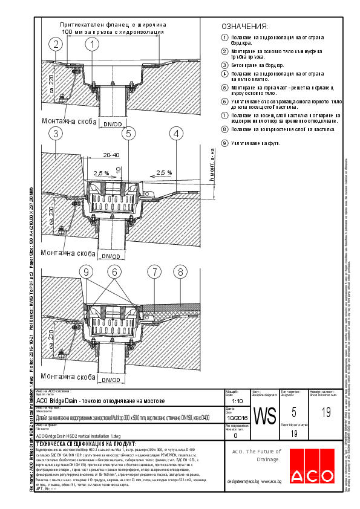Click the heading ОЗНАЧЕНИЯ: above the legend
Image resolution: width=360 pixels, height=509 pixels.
point(244,27)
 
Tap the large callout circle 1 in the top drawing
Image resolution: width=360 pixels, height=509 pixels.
point(92,44)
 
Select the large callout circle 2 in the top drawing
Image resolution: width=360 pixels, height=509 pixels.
point(56,44)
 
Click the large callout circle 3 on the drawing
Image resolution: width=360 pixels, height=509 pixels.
point(56,133)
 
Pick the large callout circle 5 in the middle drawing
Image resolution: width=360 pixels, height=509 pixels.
point(128,133)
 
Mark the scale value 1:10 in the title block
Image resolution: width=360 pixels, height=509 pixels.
point(238,401)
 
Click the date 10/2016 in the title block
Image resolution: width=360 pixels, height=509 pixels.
point(238,418)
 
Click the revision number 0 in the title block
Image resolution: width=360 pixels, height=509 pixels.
point(235,435)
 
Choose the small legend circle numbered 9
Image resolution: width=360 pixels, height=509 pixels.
point(224,143)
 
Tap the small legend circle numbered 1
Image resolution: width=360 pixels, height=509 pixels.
point(224,37)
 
